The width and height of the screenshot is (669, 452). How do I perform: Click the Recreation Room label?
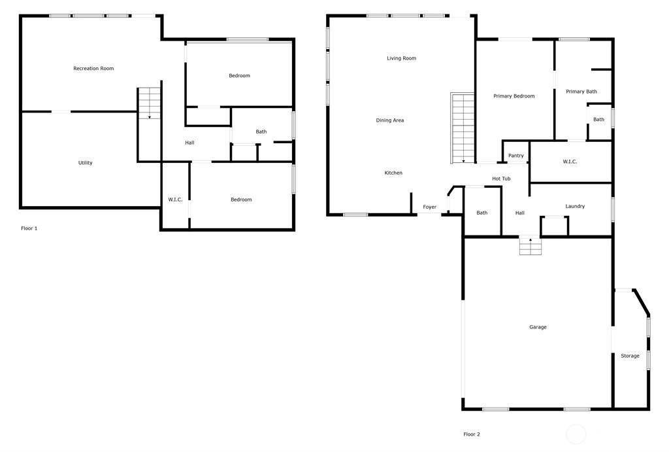tap(93, 68)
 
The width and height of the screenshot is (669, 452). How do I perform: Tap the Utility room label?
tap(86, 163)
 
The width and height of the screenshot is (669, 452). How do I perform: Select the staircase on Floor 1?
tap(150, 103)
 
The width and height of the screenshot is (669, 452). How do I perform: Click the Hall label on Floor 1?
tap(189, 143)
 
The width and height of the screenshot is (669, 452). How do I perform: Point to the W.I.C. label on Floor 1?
tap(175, 200)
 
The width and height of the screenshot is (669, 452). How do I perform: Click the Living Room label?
tap(402, 58)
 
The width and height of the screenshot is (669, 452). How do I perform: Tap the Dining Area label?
tap(390, 120)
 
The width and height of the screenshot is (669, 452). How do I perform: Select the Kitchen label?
tap(393, 173)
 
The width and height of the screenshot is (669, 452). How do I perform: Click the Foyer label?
tap(430, 207)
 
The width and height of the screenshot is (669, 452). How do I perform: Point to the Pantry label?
tap(516, 156)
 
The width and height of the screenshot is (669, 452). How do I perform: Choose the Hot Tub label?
tap(501, 179)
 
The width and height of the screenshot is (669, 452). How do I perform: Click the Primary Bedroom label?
tap(514, 96)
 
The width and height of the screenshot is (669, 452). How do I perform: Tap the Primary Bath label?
tap(581, 92)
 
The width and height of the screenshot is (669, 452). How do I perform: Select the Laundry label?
tap(575, 206)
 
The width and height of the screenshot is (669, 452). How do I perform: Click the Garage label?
tap(538, 327)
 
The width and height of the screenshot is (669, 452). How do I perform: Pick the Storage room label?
tap(630, 356)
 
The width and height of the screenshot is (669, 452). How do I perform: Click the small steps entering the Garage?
tap(530, 246)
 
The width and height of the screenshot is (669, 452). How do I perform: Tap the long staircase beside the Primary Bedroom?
tap(463, 128)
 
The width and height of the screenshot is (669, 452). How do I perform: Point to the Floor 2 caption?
tap(472, 434)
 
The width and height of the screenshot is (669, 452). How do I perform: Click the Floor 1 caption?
tap(29, 228)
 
